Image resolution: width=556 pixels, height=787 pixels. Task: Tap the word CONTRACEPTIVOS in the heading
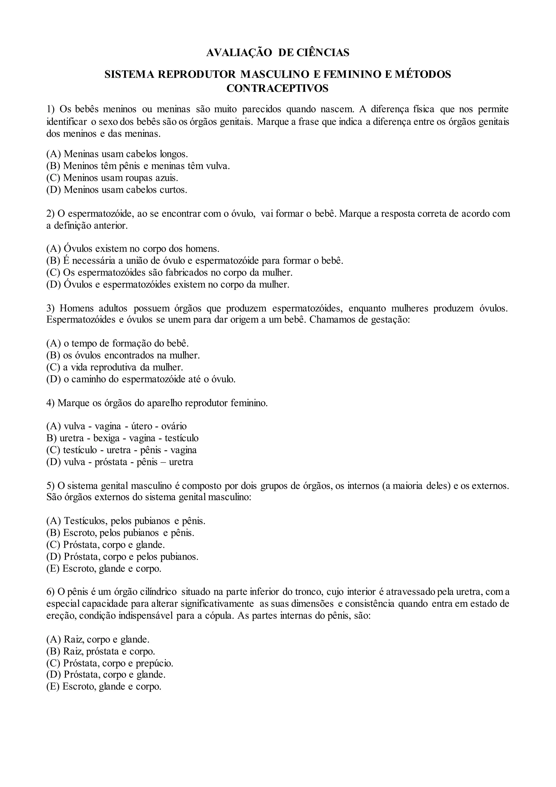pos(277,88)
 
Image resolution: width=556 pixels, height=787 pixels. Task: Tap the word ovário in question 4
pos(175,426)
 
